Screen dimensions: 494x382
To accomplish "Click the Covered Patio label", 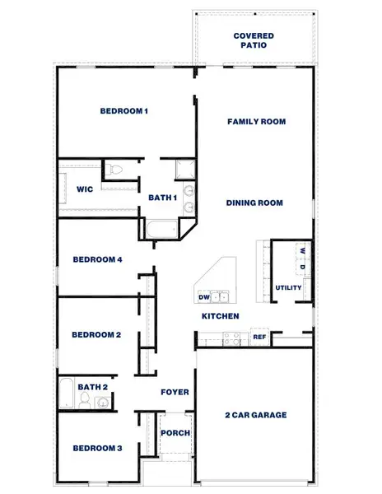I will (254, 41).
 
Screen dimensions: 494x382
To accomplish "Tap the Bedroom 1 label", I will (123, 111).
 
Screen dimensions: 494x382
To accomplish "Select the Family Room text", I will (256, 122).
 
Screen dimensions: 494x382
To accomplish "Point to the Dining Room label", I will (255, 203).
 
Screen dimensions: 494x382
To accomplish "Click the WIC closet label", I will (84, 189).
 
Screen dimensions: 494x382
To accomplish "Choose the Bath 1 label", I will (162, 198).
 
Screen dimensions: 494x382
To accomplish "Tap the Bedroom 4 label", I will (97, 260).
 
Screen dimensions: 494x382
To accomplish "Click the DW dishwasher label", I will (203, 297).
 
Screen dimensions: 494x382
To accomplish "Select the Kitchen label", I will (221, 316).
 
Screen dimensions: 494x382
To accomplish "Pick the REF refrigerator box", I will (259, 337).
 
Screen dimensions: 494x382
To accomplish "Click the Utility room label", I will (288, 288).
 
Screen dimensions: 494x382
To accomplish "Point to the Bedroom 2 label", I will (96, 335).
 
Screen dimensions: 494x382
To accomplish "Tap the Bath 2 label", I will (93, 387).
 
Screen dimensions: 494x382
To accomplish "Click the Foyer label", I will (175, 393).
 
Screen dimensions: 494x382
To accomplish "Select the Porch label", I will (175, 433).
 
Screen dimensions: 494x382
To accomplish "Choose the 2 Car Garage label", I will (256, 415).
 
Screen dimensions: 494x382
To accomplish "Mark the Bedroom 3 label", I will (97, 449).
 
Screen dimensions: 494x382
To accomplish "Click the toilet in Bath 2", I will (84, 402).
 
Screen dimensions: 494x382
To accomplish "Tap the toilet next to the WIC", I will (115, 170).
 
